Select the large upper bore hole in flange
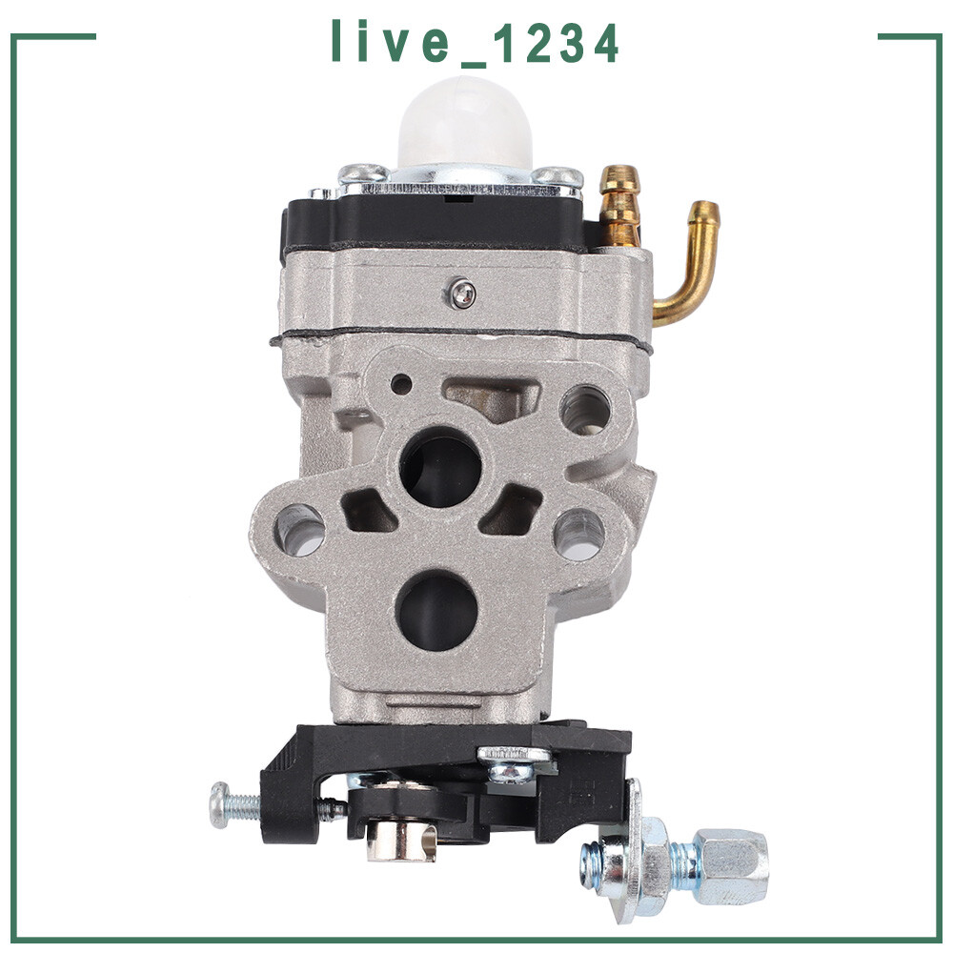click(440, 466)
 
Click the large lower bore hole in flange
click(436, 610)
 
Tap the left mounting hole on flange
click(299, 530)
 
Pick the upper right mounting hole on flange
click(584, 411)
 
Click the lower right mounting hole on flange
click(579, 534)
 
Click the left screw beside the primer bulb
click(362, 174)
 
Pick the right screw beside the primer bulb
click(558, 176)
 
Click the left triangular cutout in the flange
click(368, 512)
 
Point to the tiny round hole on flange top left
click(402, 384)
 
